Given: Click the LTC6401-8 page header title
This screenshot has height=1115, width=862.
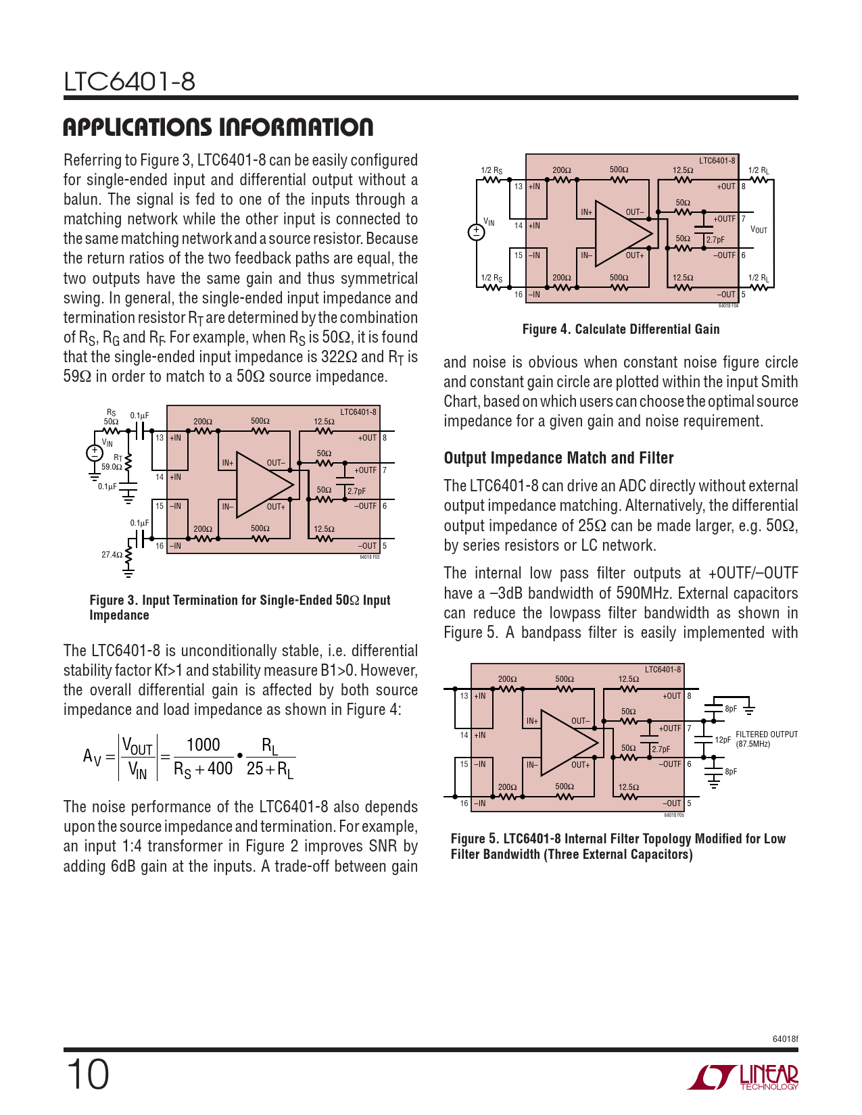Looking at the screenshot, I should (x=129, y=82).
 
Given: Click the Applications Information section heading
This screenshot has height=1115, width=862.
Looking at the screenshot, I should (x=218, y=127).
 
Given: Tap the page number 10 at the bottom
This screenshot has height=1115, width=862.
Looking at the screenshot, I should (x=87, y=1074).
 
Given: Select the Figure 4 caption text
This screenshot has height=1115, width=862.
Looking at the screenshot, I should (x=621, y=329).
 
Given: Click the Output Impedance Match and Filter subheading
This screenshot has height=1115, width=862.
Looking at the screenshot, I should (x=558, y=457).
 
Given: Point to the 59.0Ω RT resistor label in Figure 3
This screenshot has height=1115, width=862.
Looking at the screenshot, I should (x=112, y=466).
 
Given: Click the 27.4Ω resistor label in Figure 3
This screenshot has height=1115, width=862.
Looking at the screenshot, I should (x=112, y=555).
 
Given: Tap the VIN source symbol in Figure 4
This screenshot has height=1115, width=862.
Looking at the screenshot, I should (x=476, y=232).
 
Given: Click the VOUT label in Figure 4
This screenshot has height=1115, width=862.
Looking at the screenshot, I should (x=759, y=230).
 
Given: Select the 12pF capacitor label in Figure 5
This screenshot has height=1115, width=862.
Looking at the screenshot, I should (x=722, y=740).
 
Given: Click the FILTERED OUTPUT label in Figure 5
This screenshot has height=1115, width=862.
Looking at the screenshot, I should (x=766, y=735).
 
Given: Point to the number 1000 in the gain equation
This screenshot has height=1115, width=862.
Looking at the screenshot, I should (x=203, y=745).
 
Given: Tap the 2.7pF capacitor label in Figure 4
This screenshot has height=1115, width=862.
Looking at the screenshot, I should (x=715, y=240).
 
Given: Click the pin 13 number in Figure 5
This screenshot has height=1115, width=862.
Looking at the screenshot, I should (x=464, y=695).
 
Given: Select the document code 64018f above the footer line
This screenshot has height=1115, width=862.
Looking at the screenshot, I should (x=784, y=1039).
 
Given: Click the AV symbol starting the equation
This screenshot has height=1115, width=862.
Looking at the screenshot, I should (x=92, y=756).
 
